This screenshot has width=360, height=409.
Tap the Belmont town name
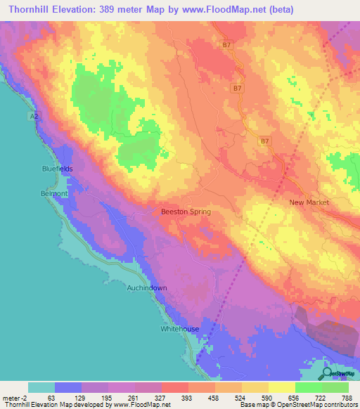(53, 192)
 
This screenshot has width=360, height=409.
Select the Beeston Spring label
(186, 212)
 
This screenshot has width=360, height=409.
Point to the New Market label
(309, 202)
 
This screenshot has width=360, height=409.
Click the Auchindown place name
(146, 288)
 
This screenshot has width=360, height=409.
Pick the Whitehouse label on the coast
(180, 329)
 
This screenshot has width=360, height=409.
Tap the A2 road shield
(34, 115)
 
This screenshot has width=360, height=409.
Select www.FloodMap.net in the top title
(225, 9)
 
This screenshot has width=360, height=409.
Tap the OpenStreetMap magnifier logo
(327, 374)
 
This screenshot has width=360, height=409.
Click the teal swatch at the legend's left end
(41, 387)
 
